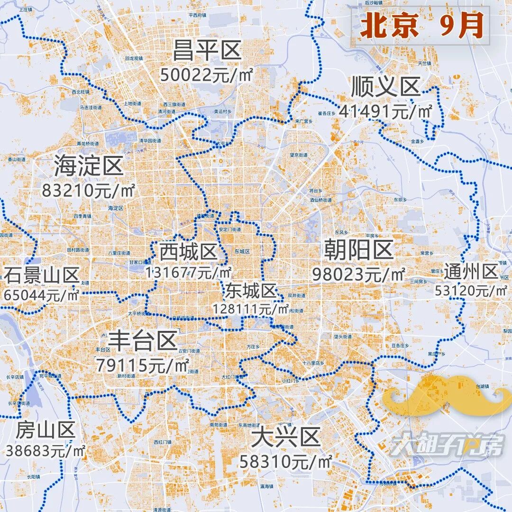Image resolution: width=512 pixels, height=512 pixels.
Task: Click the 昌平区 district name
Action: [207, 51]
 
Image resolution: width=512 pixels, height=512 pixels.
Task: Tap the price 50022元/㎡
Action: [207, 75]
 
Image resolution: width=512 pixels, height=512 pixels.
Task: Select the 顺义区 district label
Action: [385, 87]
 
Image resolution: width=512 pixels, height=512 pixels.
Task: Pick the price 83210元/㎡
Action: [89, 191]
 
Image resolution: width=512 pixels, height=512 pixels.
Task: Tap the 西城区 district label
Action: [188, 252]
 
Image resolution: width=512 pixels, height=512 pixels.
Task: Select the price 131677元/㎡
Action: [188, 273]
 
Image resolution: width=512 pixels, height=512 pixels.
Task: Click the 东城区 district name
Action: [251, 290]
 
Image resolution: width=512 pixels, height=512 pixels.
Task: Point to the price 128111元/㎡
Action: [251, 309]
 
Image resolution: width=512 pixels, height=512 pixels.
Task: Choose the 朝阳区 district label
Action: [359, 250]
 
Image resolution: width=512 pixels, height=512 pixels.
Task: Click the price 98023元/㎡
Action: [359, 274]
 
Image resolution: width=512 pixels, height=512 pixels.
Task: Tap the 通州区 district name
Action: [471, 272]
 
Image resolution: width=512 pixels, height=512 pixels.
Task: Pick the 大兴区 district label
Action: [285, 436]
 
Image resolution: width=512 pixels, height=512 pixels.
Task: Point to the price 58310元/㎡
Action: [285, 460]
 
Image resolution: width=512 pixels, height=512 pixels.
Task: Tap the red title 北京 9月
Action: [421, 27]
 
